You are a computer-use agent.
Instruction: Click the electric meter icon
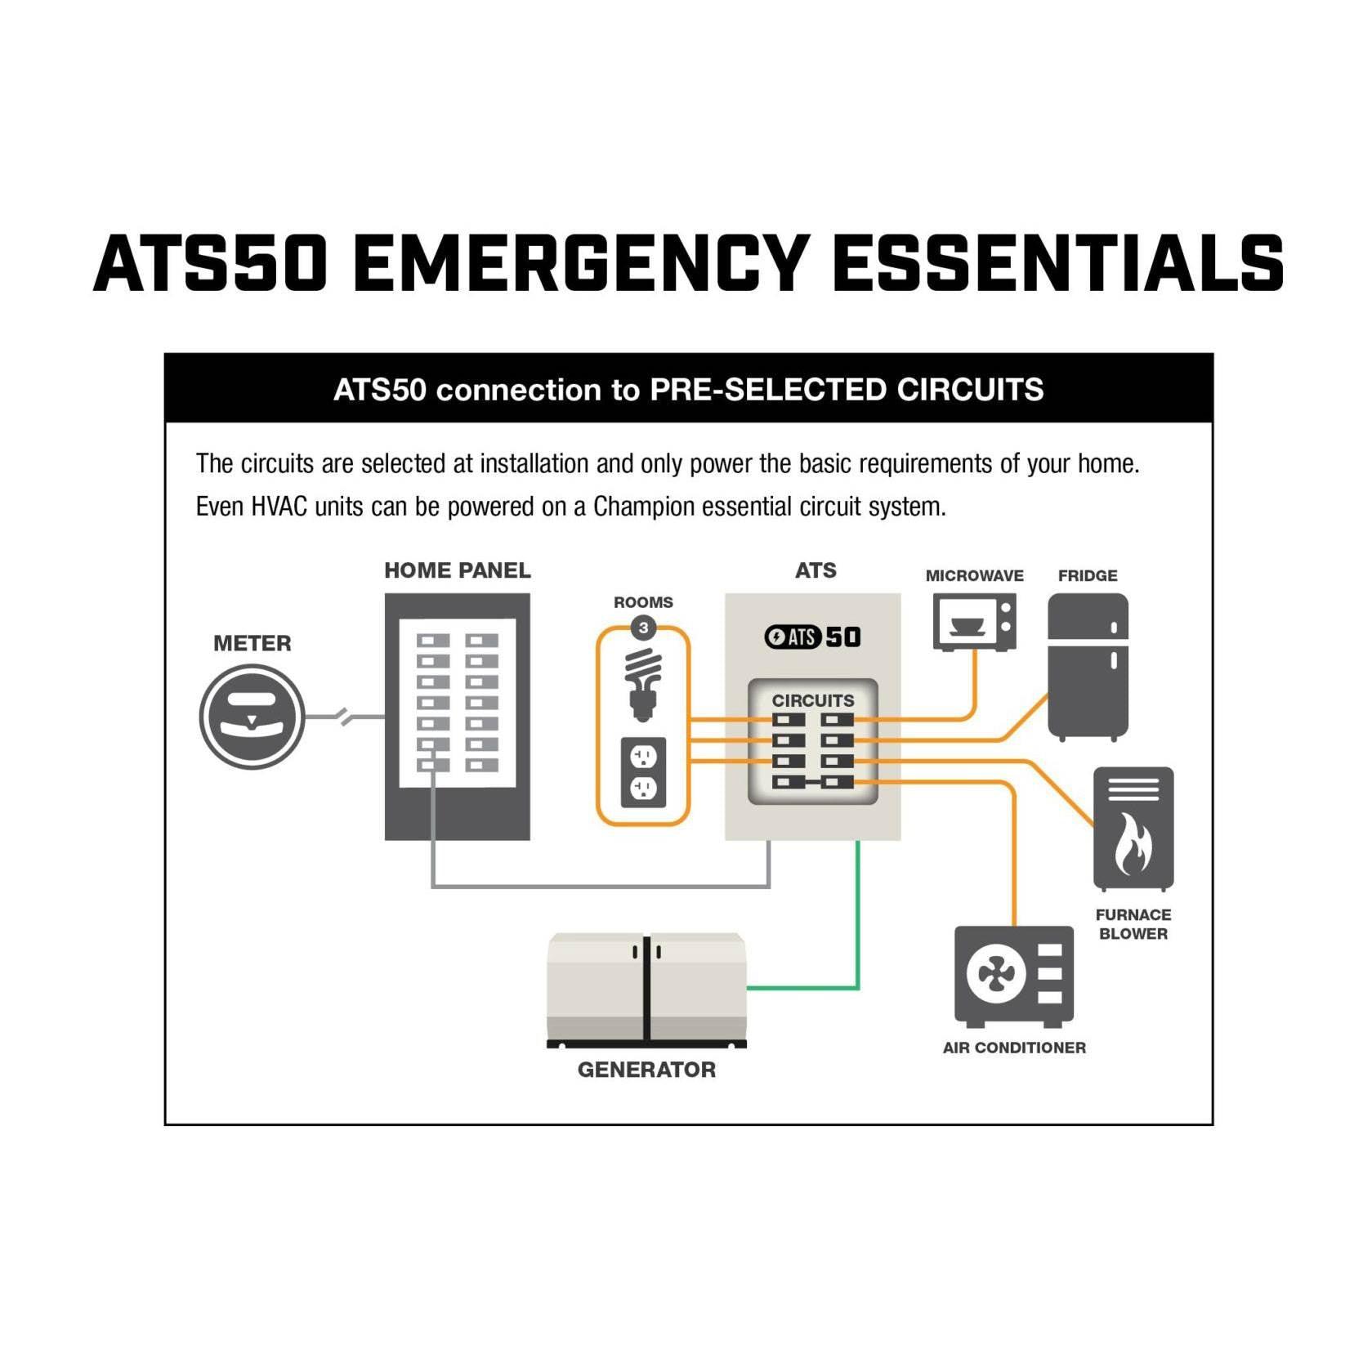(252, 717)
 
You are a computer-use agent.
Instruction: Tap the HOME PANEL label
(458, 570)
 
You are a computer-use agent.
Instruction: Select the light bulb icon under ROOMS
(643, 685)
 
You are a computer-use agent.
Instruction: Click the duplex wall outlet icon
(643, 772)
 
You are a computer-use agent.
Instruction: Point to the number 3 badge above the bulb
(644, 628)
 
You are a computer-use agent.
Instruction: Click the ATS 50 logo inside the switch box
(812, 637)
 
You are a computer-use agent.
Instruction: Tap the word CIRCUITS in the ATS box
(813, 700)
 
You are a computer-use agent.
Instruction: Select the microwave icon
(975, 622)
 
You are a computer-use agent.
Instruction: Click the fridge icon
(1088, 667)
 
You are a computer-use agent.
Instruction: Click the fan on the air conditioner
(996, 973)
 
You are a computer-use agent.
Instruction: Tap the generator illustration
(646, 990)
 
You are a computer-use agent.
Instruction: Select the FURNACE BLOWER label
(1133, 924)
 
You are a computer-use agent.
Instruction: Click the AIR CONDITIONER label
(1014, 1048)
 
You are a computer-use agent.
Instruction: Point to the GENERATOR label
(646, 1070)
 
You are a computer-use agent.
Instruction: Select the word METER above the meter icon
(252, 643)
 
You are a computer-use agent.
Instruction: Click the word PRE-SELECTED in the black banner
(769, 390)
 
